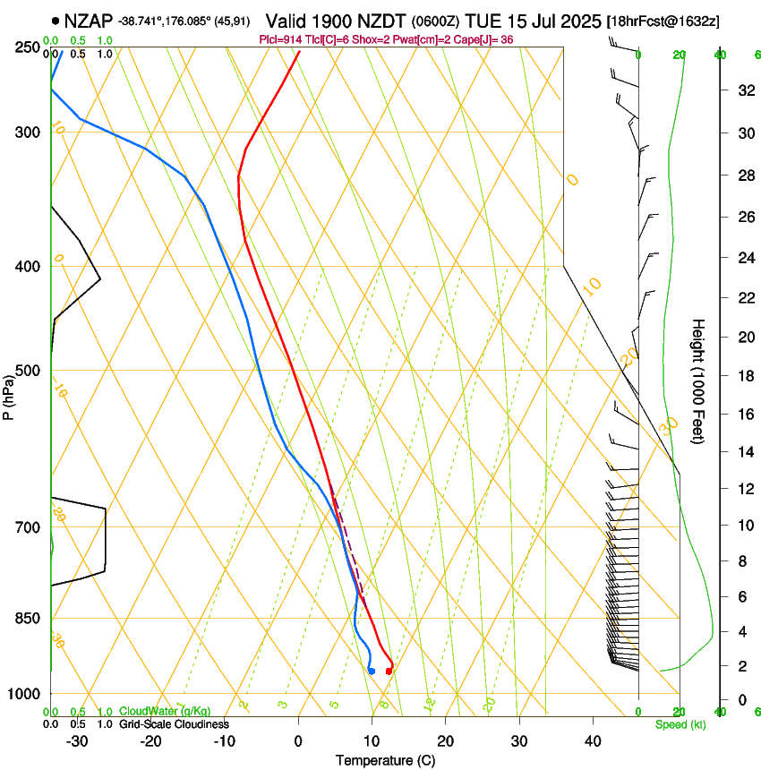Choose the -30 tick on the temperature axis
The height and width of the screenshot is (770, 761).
(77, 741)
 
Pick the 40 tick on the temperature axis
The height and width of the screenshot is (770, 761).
(593, 741)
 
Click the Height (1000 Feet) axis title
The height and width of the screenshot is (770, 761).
(698, 381)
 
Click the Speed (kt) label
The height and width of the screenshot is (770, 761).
(680, 724)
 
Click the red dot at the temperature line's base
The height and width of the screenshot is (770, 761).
(389, 671)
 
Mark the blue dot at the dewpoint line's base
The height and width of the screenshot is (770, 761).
(371, 671)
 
